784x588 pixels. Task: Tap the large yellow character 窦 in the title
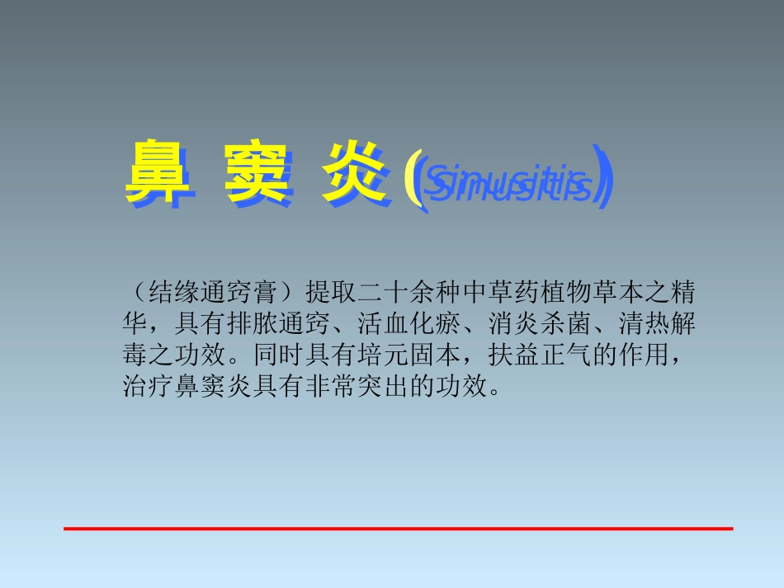(257, 174)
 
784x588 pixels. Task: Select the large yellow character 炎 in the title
(354, 174)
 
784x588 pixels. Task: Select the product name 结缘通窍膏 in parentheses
(213, 291)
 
